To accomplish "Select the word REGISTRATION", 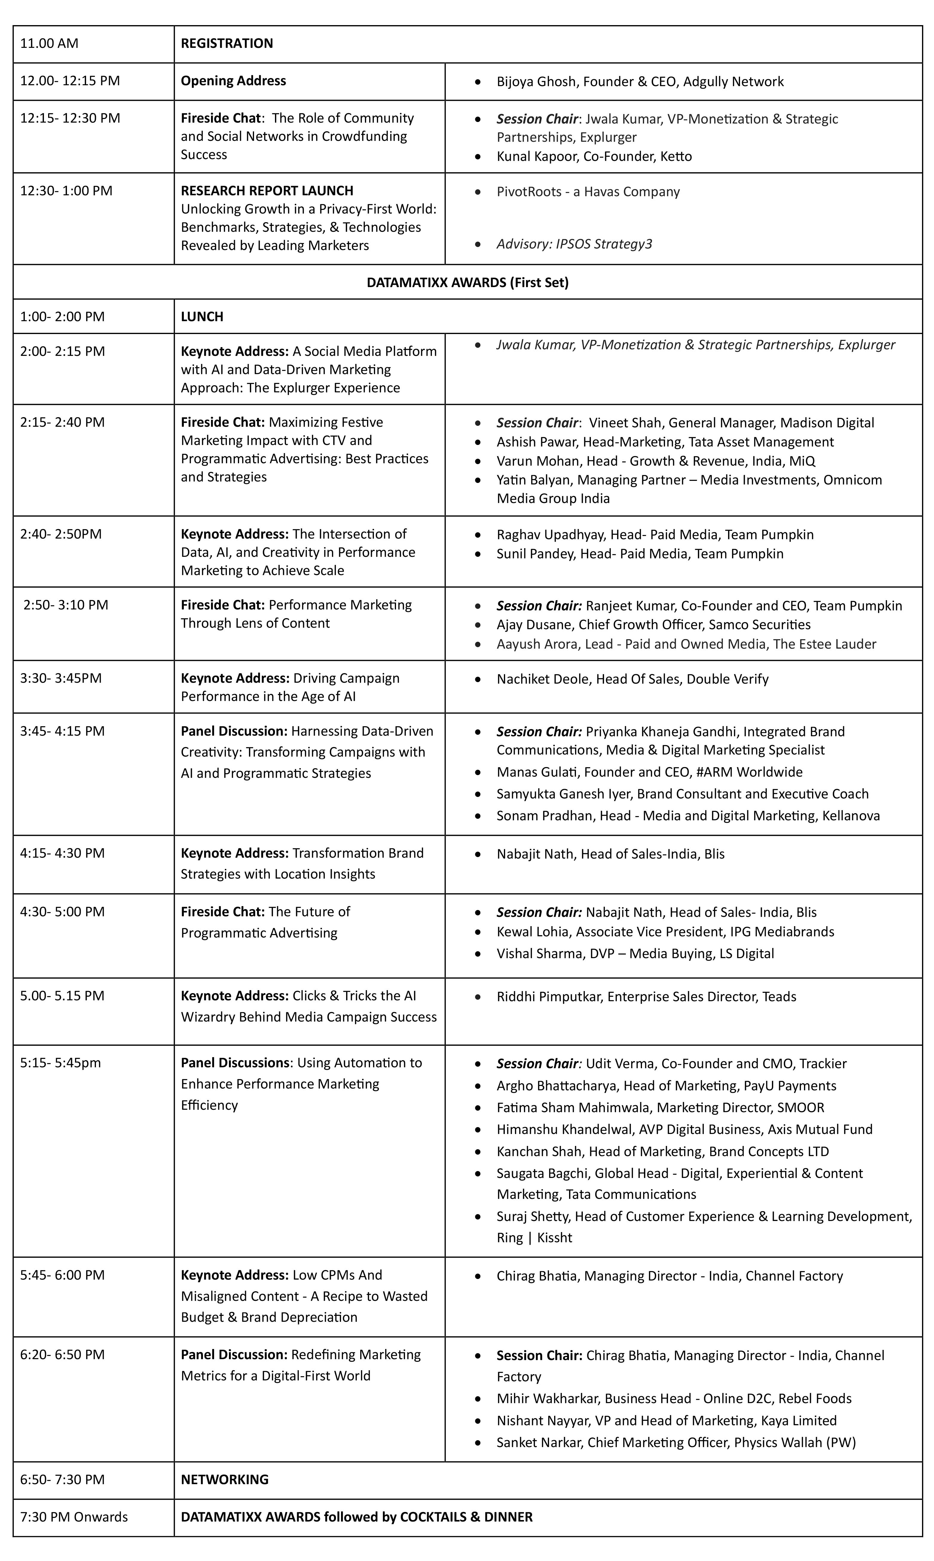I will (x=227, y=43).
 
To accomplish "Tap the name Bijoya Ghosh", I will (x=538, y=82).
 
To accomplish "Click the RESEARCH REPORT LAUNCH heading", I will (x=267, y=191).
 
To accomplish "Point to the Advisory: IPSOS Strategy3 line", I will (x=574, y=244).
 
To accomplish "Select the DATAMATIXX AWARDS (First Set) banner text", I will (x=467, y=282).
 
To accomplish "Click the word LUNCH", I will (x=202, y=317).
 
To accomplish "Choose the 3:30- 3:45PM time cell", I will (x=60, y=679).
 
